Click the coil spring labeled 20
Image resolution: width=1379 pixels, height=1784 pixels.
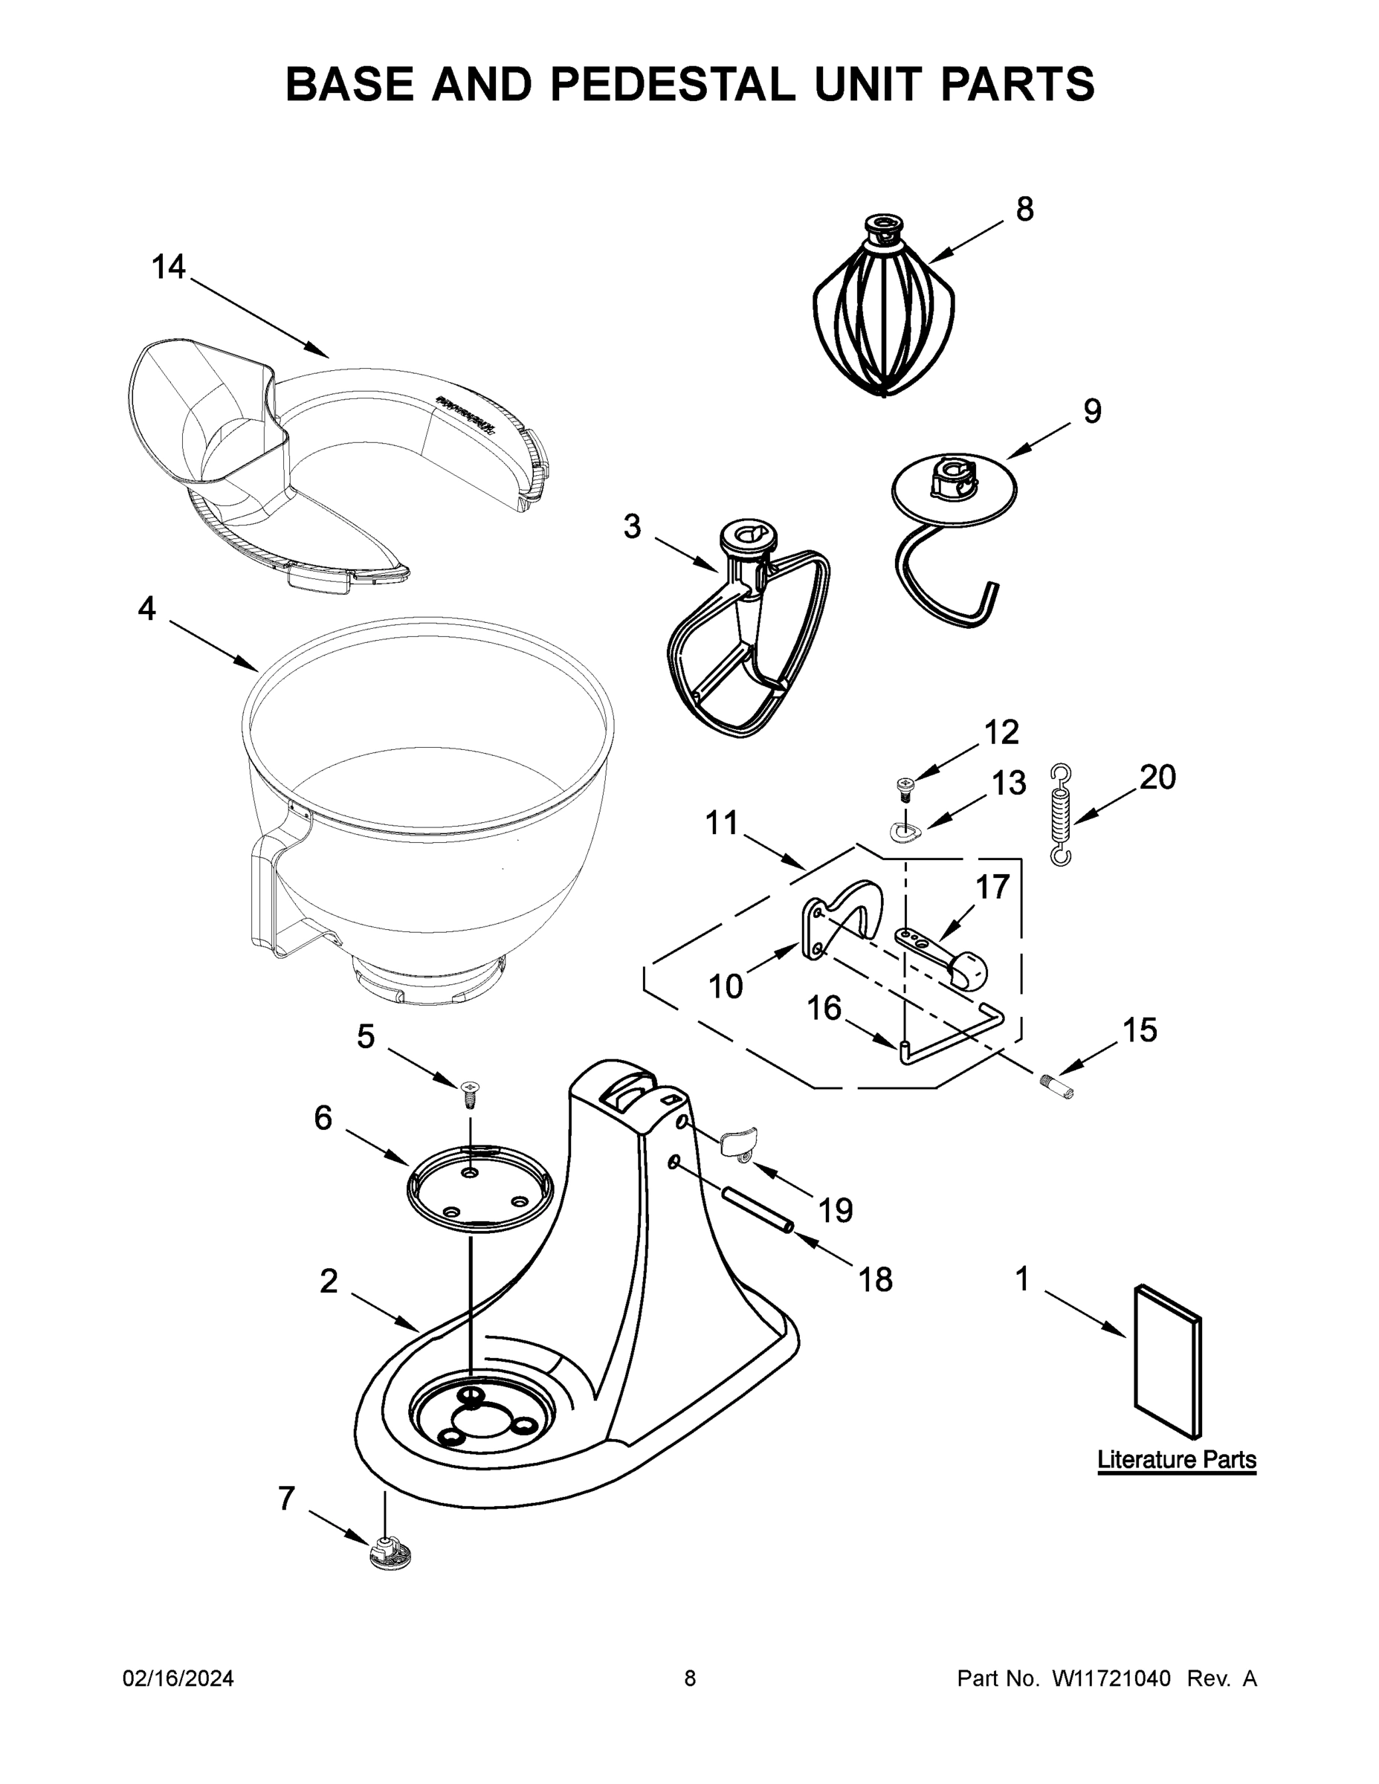coord(1060,815)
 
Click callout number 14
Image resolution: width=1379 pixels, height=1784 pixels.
coord(169,267)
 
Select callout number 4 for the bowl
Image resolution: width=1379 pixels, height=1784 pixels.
coord(147,609)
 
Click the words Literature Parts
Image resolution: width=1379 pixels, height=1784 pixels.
coord(1176,1460)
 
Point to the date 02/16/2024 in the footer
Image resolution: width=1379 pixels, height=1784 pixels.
coord(178,1678)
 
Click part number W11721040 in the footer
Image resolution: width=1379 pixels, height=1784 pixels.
coord(1112,1678)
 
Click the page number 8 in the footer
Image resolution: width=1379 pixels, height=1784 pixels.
coord(690,1678)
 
